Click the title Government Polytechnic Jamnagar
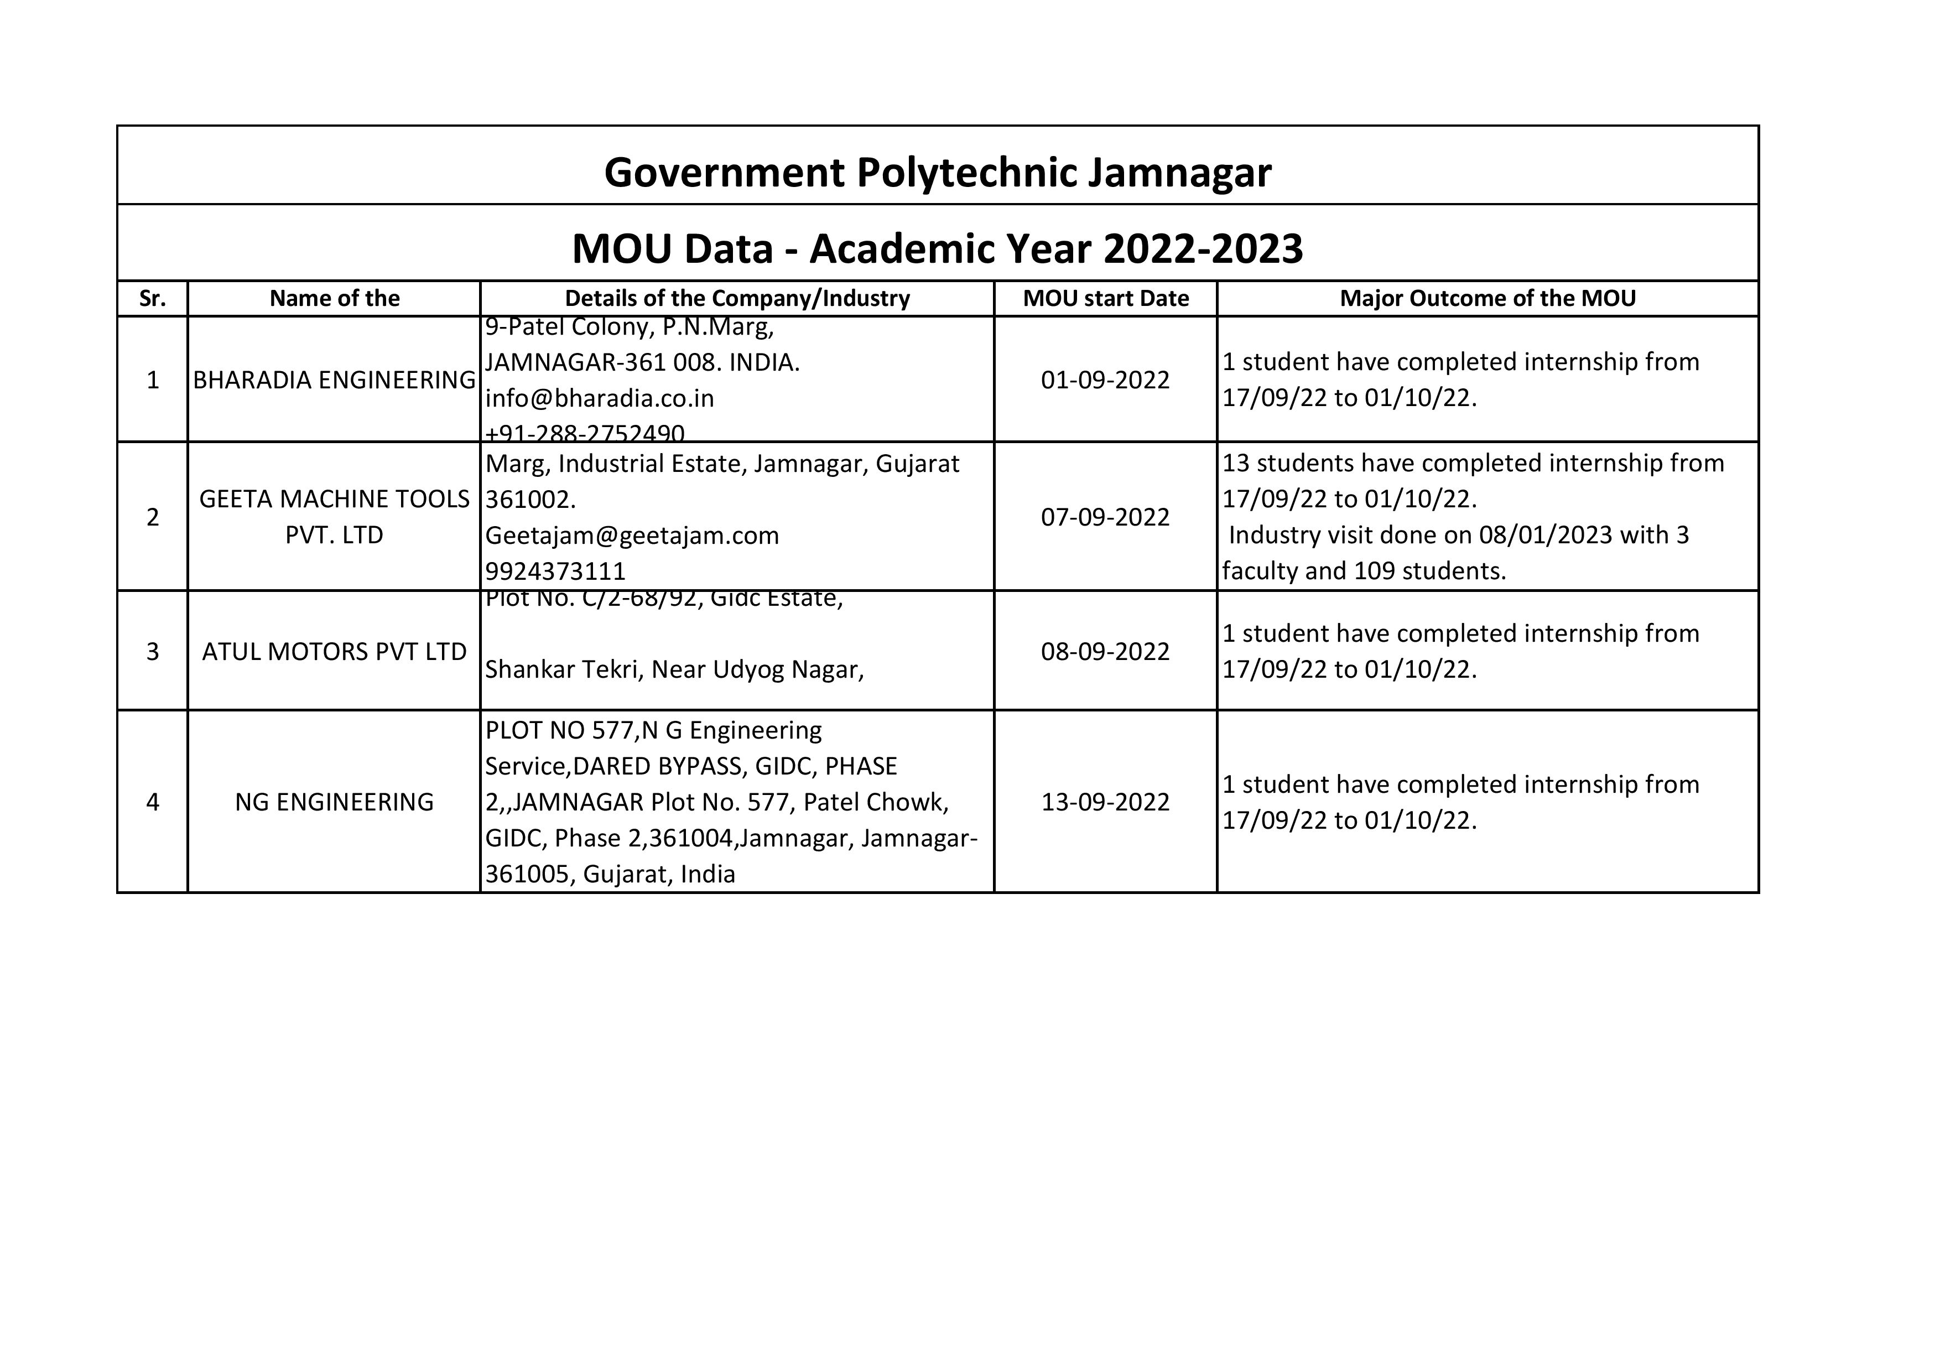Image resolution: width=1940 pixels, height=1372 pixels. point(937,173)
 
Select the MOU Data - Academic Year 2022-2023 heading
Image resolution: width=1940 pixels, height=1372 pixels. point(937,248)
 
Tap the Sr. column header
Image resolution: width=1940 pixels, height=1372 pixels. point(152,298)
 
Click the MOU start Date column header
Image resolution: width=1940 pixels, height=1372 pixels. point(1105,298)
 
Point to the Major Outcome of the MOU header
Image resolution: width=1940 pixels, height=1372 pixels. point(1487,298)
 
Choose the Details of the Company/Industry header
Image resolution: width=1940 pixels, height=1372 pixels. point(737,298)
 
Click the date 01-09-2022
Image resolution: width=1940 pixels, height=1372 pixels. point(1105,380)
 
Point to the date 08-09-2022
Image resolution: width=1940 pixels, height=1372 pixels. point(1105,651)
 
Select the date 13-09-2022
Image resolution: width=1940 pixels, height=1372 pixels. point(1105,802)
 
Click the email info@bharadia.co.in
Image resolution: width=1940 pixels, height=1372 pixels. point(600,398)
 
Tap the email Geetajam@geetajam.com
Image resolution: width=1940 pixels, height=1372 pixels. point(632,536)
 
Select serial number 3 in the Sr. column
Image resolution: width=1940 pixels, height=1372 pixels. point(152,651)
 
